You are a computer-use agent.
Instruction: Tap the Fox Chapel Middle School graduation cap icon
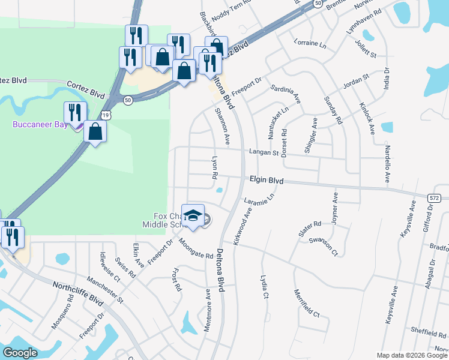click(x=193, y=217)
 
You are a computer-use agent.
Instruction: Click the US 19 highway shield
click(x=106, y=113)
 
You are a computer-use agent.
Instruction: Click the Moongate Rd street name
click(x=196, y=248)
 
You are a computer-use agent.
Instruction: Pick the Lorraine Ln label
click(x=310, y=43)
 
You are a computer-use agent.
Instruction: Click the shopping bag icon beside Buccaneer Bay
click(x=95, y=131)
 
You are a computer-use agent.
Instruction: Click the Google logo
click(x=20, y=353)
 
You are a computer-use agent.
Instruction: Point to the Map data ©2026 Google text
click(x=412, y=355)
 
